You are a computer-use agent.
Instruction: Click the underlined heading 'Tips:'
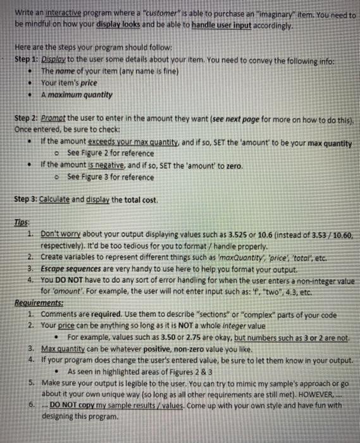click(23, 225)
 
